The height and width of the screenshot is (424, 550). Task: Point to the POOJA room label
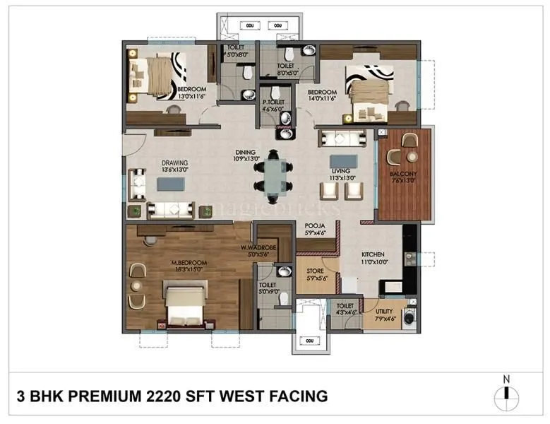pos(315,228)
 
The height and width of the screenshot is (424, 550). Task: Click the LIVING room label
pos(342,170)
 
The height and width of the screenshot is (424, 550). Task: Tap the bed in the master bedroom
pos(185,300)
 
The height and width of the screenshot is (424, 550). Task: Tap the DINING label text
pos(246,151)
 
